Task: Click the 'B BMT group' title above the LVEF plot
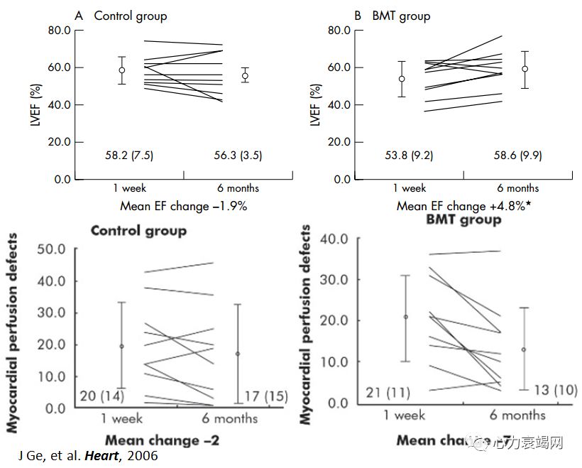click(x=392, y=16)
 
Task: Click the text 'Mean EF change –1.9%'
click(x=184, y=206)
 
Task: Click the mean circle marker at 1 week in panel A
click(x=121, y=70)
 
